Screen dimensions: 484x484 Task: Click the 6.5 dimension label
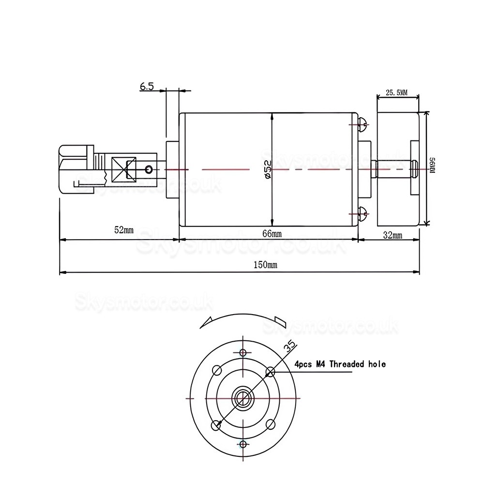(x=147, y=87)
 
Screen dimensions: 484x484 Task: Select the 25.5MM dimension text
(x=397, y=92)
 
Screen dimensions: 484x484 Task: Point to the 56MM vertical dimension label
(x=432, y=169)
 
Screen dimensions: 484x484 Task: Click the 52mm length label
(x=124, y=229)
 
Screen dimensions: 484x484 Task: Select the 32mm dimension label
(x=392, y=235)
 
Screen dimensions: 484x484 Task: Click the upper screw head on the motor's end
(x=363, y=125)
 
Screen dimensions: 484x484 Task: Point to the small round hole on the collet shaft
(x=149, y=169)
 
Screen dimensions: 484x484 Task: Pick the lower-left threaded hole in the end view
(x=216, y=424)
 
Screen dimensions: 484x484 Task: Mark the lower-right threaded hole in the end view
(x=270, y=424)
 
